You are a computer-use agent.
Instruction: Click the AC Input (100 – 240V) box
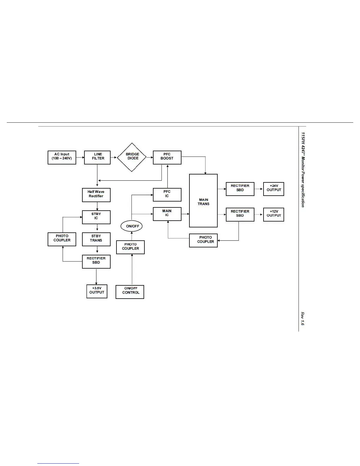click(62, 158)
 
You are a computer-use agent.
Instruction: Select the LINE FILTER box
click(97, 158)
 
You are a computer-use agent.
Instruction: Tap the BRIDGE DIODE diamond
click(132, 157)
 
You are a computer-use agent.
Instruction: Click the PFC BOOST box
click(167, 158)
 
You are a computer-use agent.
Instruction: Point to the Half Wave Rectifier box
click(96, 195)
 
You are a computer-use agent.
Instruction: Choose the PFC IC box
click(167, 195)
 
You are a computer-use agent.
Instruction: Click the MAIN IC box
click(167, 214)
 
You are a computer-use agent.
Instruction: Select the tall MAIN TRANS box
click(203, 201)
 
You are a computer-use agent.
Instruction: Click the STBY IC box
click(96, 217)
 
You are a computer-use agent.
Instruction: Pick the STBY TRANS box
click(96, 239)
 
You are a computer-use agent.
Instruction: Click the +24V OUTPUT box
click(274, 189)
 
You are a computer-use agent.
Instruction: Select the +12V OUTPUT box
click(274, 214)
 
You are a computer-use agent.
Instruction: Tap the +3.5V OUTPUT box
click(97, 291)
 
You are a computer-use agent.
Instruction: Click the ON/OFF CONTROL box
click(130, 292)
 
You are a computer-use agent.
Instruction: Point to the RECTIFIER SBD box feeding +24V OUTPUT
click(240, 189)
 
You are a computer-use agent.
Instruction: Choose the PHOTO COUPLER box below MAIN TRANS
click(203, 240)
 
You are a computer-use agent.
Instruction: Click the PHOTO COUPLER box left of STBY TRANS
click(62, 239)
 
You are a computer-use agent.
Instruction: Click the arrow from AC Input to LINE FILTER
click(80, 158)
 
